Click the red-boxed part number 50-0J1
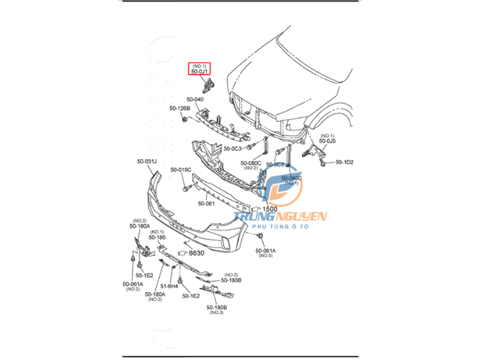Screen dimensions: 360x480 [201, 72]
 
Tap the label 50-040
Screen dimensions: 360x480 [195, 98]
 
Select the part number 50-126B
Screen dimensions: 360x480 [179, 109]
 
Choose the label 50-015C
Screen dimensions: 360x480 [181, 169]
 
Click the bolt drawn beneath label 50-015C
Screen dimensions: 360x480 [182, 190]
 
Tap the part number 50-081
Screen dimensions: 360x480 [206, 203]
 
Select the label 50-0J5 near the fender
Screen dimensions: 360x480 [327, 141]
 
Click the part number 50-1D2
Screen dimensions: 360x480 [345, 162]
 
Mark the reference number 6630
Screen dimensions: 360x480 [196, 253]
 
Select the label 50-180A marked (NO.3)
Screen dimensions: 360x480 [140, 226]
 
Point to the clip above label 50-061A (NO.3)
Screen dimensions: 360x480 [261, 236]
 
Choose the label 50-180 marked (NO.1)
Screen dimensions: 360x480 [157, 237]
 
